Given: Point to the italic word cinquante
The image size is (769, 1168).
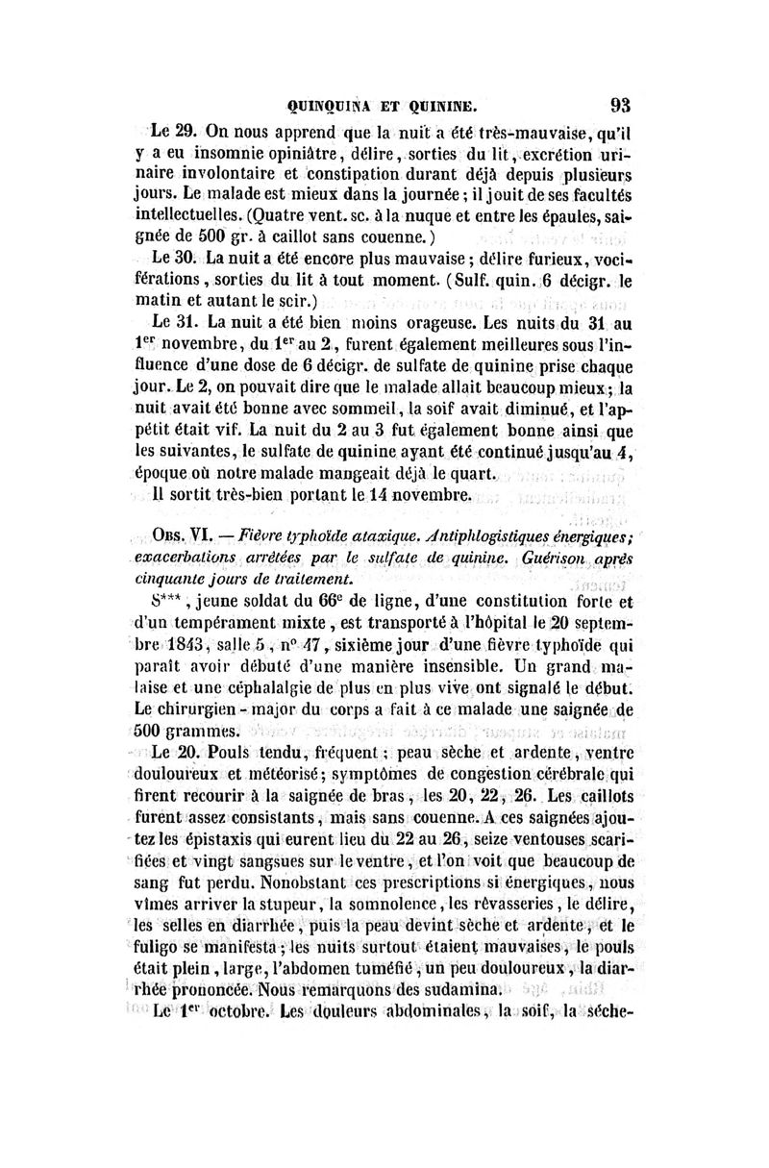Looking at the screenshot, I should click(172, 581).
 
